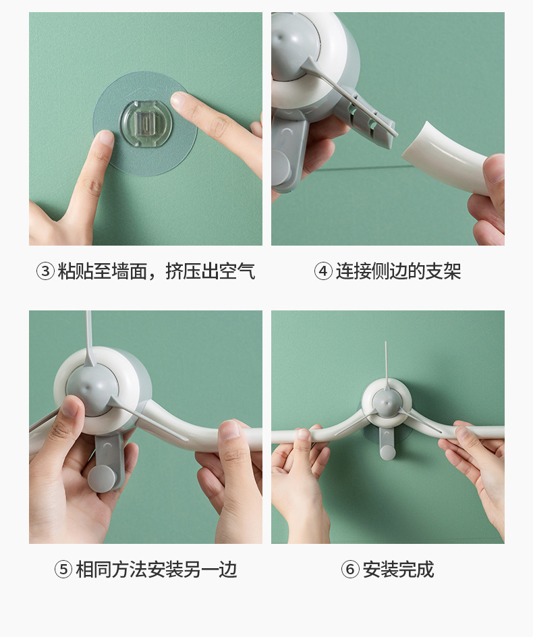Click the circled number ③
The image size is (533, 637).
(x=45, y=271)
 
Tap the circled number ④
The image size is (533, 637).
(x=323, y=271)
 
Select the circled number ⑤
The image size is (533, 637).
(x=63, y=570)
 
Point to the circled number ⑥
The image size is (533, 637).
(x=350, y=570)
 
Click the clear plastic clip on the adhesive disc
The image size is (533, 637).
(x=146, y=122)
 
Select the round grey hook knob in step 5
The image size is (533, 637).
(x=101, y=478)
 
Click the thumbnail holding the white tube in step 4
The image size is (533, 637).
(x=493, y=167)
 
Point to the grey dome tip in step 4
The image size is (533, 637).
(x=283, y=38)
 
